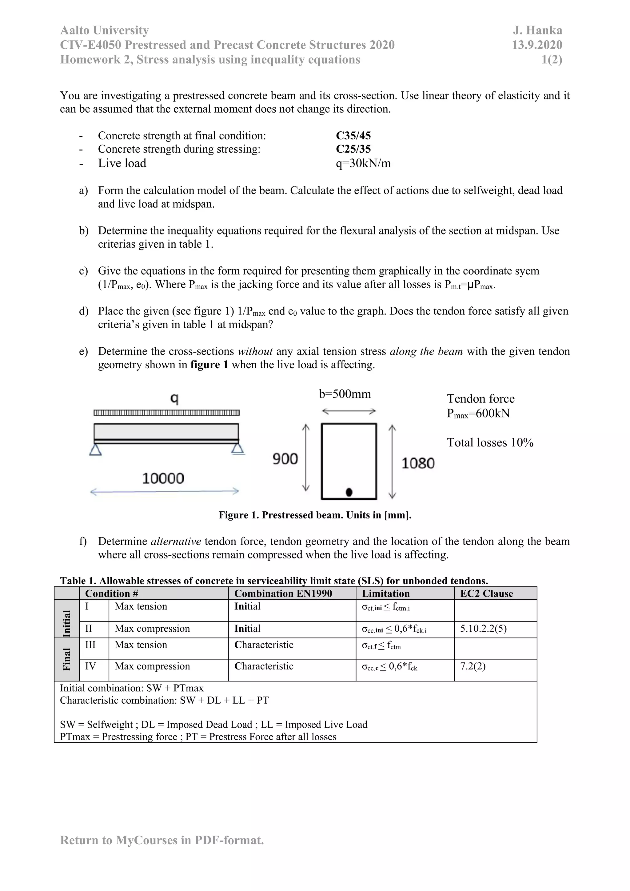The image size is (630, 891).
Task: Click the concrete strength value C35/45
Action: tap(353, 135)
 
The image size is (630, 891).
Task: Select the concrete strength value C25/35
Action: tap(353, 149)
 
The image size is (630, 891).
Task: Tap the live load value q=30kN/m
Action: tap(363, 163)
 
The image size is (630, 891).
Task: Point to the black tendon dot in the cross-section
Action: tap(349, 492)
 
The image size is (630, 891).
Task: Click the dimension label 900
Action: tap(285, 459)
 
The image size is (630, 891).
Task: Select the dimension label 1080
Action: tap(418, 463)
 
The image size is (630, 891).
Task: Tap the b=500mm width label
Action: tap(345, 394)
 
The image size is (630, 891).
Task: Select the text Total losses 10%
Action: tap(490, 443)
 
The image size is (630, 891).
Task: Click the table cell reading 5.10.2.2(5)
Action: tap(483, 629)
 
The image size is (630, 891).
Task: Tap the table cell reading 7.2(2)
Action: tap(472, 666)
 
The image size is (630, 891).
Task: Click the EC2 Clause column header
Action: tap(486, 593)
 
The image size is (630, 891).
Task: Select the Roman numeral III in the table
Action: tap(90, 645)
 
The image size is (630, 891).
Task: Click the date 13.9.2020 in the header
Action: tap(537, 45)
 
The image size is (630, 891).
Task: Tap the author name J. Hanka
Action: tap(537, 30)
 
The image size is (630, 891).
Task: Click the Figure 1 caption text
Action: tap(315, 515)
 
